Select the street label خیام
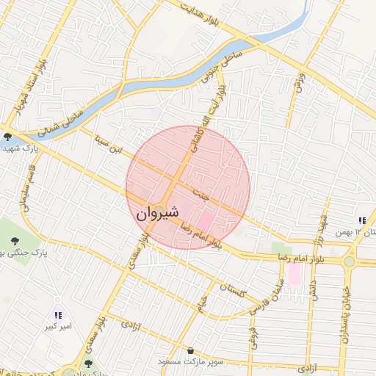pyautogui.click(x=200, y=303)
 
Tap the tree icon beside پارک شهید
pyautogui.click(x=7, y=136)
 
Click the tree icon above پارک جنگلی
pyautogui.click(x=15, y=239)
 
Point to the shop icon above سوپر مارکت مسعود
pyautogui.click(x=192, y=350)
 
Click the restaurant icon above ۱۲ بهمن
pyautogui.click(x=361, y=220)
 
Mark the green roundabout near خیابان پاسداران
pyautogui.click(x=349, y=261)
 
